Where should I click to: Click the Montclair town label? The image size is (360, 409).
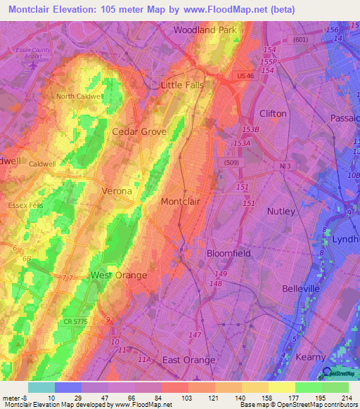click(181, 202)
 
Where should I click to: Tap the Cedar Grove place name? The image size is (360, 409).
click(139, 131)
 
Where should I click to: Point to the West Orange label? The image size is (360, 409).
click(119, 275)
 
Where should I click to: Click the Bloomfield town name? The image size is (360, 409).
click(229, 253)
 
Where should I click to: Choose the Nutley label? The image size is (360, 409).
click(283, 211)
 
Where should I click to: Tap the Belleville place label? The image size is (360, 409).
click(301, 289)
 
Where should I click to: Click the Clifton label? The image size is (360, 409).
click(273, 113)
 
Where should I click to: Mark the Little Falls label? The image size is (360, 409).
click(182, 85)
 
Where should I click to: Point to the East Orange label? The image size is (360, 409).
click(188, 360)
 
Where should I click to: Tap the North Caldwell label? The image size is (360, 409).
click(79, 96)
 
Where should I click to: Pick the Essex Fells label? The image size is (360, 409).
click(25, 206)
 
